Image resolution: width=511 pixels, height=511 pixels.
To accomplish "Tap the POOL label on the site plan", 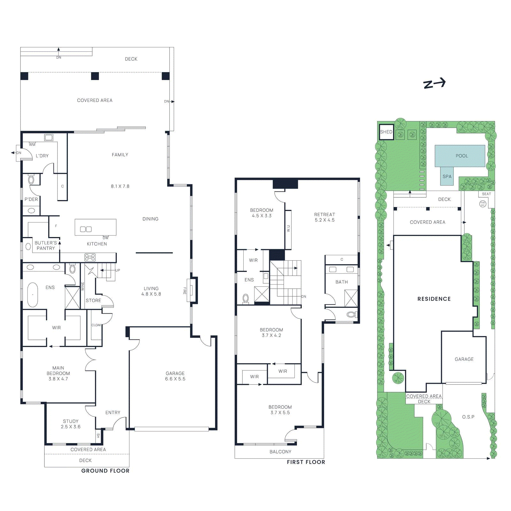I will (461, 156).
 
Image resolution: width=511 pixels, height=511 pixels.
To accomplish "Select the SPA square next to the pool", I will (447, 177).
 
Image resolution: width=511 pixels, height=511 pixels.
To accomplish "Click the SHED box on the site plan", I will (386, 132).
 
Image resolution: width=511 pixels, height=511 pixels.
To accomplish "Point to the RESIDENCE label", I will (434, 299).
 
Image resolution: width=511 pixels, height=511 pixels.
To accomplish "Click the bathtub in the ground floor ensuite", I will (33, 295).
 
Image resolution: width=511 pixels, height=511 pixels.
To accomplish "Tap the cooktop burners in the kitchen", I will (90, 257).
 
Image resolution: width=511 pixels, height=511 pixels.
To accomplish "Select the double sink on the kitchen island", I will (86, 229).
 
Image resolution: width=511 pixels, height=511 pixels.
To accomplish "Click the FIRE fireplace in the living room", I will (192, 290).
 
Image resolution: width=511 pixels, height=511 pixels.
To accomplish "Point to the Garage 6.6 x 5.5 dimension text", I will (175, 379).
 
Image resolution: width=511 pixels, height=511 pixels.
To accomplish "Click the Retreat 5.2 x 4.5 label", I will (324, 217).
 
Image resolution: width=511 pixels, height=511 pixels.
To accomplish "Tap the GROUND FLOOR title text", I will (105, 471).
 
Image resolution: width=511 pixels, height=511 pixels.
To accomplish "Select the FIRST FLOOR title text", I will (306, 462).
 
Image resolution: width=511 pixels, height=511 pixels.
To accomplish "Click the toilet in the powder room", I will (31, 179).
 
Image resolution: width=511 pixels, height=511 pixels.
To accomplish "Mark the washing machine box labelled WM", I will (49, 138).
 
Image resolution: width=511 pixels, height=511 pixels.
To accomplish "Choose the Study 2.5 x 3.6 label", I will (71, 424).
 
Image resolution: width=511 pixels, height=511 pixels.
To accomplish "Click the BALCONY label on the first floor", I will (280, 452).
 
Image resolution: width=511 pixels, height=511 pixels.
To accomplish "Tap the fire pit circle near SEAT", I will (483, 203).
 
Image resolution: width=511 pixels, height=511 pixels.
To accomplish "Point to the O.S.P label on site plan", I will (468, 417).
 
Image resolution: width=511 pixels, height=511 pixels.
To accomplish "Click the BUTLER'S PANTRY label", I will (46, 245).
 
